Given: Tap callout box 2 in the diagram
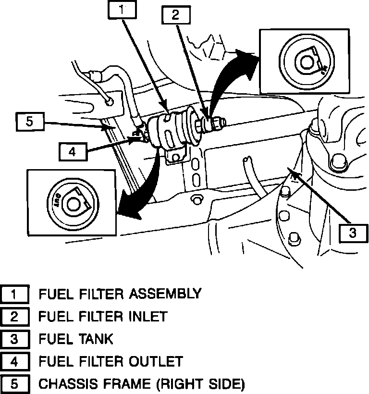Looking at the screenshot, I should tap(175, 15).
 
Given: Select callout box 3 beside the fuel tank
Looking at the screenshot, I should tap(352, 233).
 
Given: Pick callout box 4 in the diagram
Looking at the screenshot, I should tap(72, 152).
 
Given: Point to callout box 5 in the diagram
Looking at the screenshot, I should tap(30, 122).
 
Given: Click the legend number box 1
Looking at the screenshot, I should tap(14, 294).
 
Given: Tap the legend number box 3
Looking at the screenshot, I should tap(14, 339).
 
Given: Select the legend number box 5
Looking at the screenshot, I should tap(14, 384).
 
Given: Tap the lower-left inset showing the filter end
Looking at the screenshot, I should tap(72, 202).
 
